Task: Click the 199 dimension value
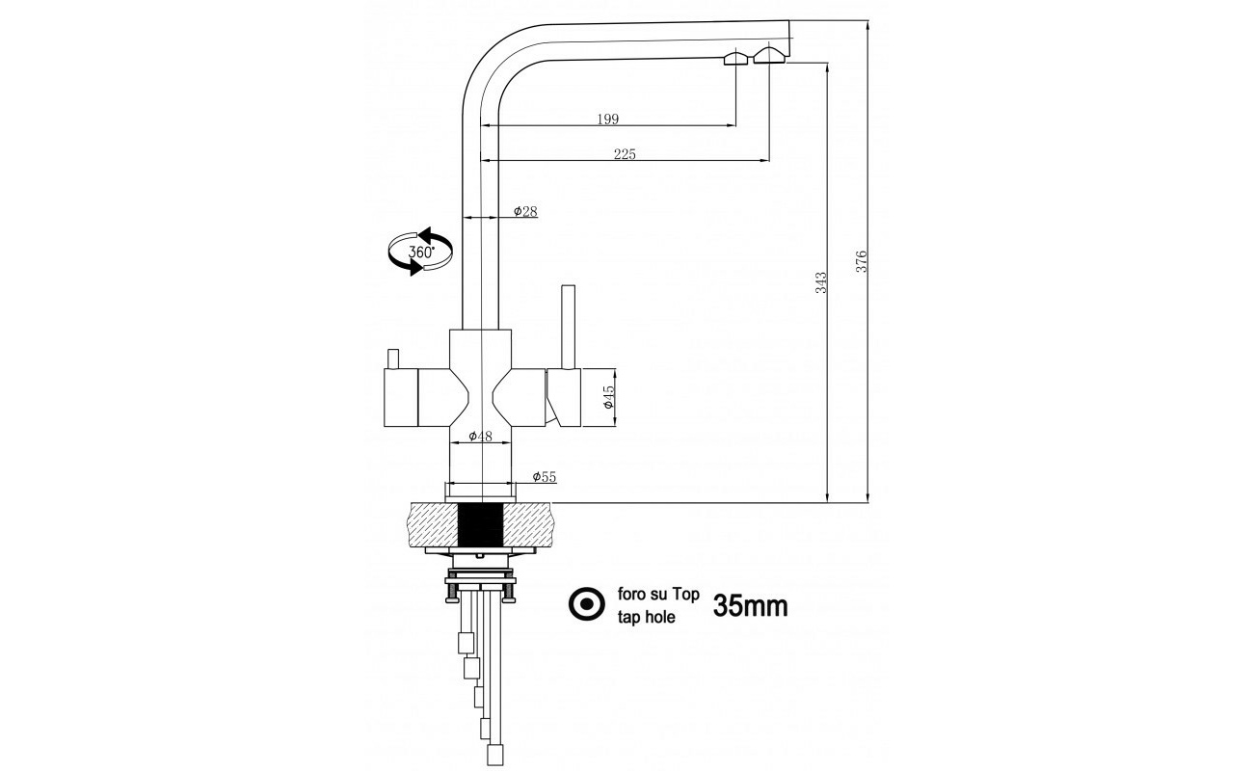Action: pos(607,119)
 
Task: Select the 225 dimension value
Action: pos(625,154)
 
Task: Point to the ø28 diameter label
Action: pos(525,211)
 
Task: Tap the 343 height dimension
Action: pos(820,282)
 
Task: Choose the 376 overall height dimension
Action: pos(862,261)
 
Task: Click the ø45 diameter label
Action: pos(608,397)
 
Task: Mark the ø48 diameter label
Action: pos(480,436)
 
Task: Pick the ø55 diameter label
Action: pos(545,477)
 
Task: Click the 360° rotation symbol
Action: pos(420,252)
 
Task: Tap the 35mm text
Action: pos(750,605)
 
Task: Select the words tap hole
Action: pos(646,617)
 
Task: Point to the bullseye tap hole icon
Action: pos(586,604)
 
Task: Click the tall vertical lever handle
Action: pos(569,328)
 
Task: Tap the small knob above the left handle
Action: pos(393,359)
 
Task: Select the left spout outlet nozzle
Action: pos(736,58)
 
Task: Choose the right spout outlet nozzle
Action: pos(771,55)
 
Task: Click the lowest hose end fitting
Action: pos(495,755)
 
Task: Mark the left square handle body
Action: pos(401,398)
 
